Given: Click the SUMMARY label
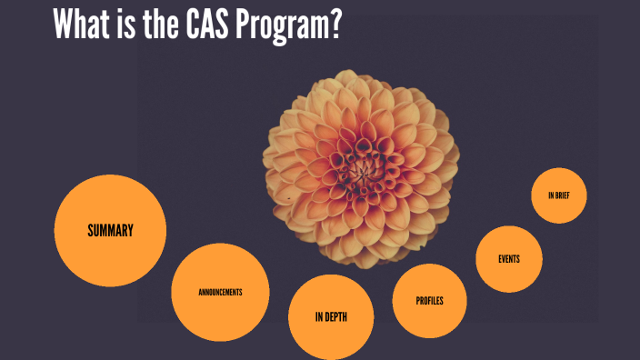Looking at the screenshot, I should pos(110,230).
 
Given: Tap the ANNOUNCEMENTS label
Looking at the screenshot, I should pos(220,292).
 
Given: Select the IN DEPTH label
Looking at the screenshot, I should pos(331,317).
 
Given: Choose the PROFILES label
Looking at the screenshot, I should pos(429,300).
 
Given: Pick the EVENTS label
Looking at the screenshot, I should pos(509,259).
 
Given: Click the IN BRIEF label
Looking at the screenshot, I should pos(559,195).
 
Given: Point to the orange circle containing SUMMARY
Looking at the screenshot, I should pos(110,205).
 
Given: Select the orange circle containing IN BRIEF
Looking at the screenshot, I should pos(559,182).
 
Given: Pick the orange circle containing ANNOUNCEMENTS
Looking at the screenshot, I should pos(220,273).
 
